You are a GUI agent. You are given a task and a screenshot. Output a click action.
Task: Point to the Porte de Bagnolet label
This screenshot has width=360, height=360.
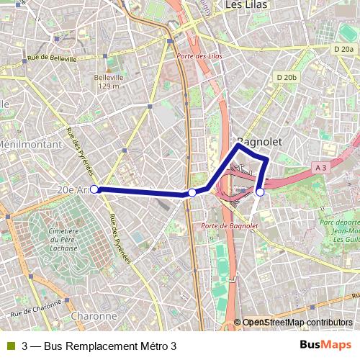pyautogui.click(x=230, y=226)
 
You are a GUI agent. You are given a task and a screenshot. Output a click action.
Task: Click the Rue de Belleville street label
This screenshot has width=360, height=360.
pyautogui.click(x=51, y=58)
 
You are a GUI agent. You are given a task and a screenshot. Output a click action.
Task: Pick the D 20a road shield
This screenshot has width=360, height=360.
pyautogui.click(x=345, y=49)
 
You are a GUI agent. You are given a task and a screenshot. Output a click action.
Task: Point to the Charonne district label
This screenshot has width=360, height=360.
pyautogui.click(x=94, y=315)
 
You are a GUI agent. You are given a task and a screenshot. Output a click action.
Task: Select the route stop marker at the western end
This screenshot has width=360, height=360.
pyautogui.click(x=94, y=189)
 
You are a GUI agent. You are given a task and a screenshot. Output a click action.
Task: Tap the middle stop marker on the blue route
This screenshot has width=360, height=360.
pyautogui.click(x=192, y=192)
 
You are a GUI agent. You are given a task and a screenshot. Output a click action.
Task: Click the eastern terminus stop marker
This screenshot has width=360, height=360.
pyautogui.click(x=260, y=192)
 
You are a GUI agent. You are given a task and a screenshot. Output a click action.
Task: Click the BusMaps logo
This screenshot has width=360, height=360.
pyautogui.click(x=326, y=346)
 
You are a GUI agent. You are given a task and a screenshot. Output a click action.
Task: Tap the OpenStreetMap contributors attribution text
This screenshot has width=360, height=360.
pyautogui.click(x=297, y=323)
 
